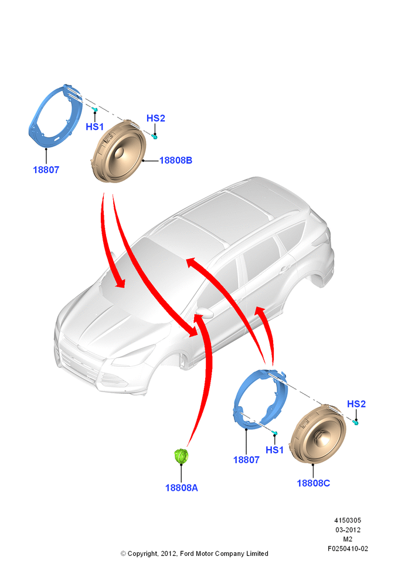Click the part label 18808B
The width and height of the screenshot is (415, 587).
point(176,160)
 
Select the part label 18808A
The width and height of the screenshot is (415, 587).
point(181,488)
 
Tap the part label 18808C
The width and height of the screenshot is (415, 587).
point(314,483)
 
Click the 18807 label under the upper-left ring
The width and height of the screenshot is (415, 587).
point(46,170)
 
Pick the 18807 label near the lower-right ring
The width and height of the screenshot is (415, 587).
point(246,460)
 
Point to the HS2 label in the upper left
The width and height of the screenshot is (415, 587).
point(155,118)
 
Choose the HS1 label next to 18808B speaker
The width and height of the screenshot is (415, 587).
point(94,127)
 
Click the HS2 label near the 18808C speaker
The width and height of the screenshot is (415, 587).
point(356,404)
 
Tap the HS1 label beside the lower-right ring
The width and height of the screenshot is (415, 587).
point(274,450)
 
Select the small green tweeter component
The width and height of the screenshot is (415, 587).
point(181,456)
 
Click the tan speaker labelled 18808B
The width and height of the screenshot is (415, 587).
point(118,151)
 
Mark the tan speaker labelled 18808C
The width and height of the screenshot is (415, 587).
point(318,434)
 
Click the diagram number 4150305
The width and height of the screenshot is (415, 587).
point(348,520)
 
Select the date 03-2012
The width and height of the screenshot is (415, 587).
point(348,529)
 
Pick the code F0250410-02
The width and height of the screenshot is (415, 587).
point(348,549)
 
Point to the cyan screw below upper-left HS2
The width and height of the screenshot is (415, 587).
point(154,136)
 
